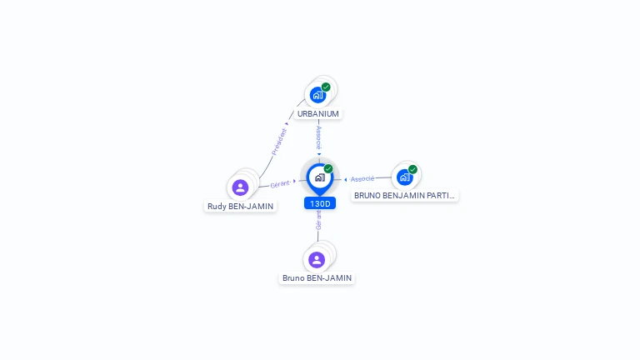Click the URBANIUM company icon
317,95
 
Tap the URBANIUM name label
318,113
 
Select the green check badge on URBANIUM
326,87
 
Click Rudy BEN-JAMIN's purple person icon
241,187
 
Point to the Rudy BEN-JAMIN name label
240,206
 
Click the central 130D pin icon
319,177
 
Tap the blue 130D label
320,203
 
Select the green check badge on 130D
328,169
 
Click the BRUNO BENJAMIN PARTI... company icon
405,177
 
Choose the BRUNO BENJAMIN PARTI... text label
404,196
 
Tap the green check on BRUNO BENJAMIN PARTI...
412,169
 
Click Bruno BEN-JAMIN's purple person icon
317,259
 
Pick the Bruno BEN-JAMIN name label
317,277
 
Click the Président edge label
279,141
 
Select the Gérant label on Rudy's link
280,183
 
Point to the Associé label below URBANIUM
319,137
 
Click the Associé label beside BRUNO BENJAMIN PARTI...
362,178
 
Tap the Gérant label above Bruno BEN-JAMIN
318,220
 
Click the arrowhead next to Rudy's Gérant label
295,181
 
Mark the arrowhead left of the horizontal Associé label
346,179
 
